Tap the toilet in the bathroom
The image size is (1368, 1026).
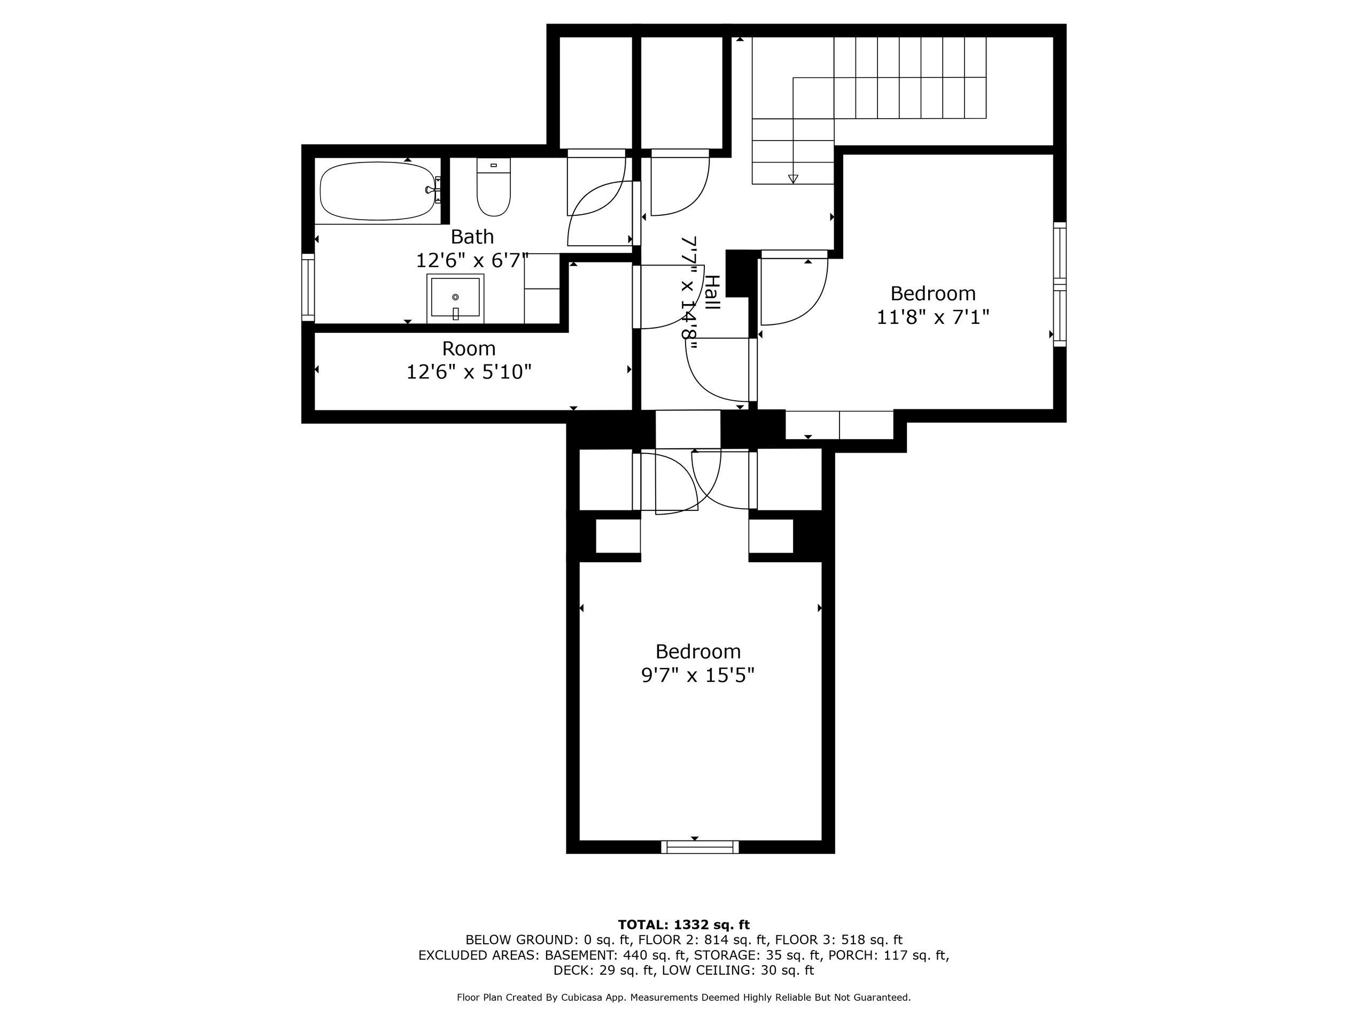click(x=494, y=187)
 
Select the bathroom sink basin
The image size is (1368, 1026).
click(x=455, y=298)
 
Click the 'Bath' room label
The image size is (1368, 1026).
click(x=472, y=237)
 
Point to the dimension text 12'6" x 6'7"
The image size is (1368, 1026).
click(x=472, y=260)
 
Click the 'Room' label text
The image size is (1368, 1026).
click(x=469, y=349)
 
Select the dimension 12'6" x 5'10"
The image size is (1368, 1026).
click(x=469, y=372)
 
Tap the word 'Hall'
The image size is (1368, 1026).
click(x=712, y=292)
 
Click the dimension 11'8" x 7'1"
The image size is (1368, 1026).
click(x=932, y=317)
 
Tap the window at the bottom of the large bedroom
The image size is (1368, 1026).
click(x=700, y=848)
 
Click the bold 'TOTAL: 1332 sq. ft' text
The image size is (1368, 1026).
click(x=683, y=924)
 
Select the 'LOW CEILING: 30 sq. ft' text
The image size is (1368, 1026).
click(x=738, y=970)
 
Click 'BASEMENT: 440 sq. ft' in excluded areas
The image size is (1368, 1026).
click(x=616, y=955)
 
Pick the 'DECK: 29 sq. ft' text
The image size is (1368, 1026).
click(x=604, y=970)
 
